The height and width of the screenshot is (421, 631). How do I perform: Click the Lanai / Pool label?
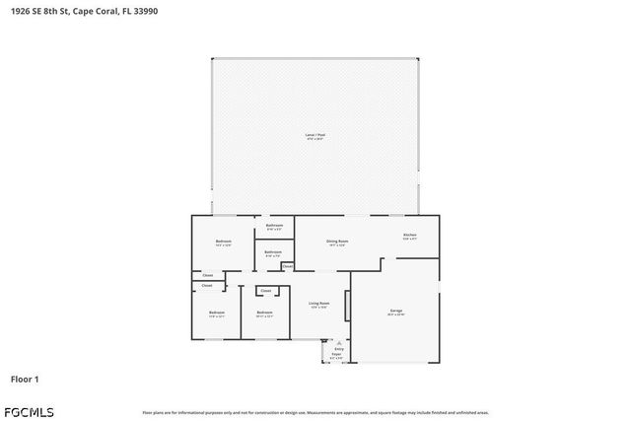[315, 135]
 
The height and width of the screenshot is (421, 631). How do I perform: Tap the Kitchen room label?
[409, 236]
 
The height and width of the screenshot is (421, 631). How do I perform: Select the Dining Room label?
[337, 242]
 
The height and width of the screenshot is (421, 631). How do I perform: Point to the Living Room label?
[318, 304]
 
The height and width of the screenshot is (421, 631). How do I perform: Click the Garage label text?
[395, 312]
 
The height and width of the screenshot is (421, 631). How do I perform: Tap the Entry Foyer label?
[338, 351]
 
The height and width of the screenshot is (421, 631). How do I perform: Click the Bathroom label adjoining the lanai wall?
[274, 226]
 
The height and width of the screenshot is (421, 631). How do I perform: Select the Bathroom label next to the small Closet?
[274, 253]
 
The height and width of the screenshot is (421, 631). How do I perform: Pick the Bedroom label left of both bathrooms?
[224, 242]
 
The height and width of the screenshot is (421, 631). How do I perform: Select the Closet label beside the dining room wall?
[287, 266]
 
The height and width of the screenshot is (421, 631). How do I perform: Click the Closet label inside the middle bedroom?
[266, 291]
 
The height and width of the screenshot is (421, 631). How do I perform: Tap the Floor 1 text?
[25, 379]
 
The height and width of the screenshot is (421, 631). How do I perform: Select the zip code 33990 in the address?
[144, 11]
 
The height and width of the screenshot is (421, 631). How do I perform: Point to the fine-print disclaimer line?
[315, 412]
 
